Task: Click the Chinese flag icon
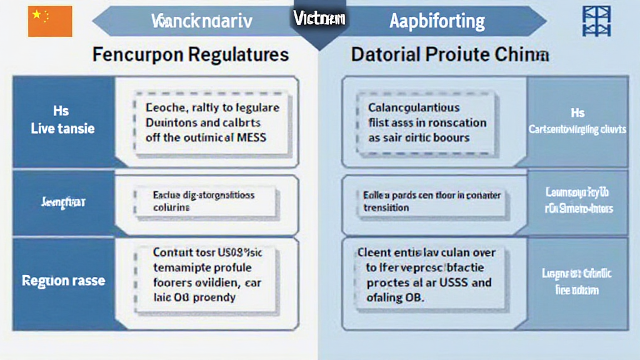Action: (50, 22)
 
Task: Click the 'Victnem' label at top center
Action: (319, 18)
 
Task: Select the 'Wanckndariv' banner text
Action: (201, 21)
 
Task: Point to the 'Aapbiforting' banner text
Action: (437, 21)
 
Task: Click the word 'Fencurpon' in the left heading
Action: (136, 54)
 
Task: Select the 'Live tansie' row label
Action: (62, 128)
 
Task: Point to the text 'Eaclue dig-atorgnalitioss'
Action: (204, 195)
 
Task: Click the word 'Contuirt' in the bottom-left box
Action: (176, 253)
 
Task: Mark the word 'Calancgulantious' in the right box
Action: (414, 108)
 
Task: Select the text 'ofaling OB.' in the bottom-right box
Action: (395, 297)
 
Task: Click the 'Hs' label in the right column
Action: (577, 113)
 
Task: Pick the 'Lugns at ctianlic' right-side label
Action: (576, 274)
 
